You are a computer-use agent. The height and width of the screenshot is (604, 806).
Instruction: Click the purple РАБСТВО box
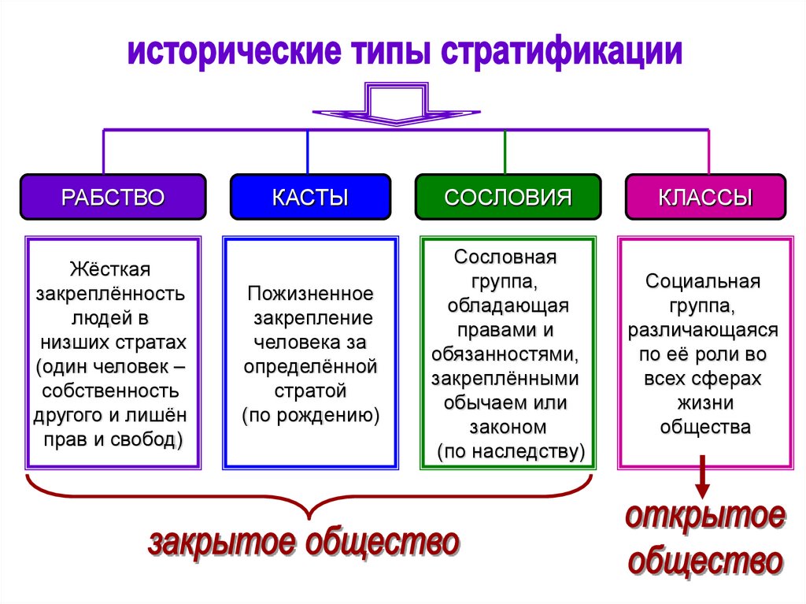point(113,197)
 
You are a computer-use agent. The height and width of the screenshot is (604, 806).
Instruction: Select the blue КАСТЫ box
point(310,197)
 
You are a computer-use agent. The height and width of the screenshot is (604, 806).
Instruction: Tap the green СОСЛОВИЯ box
point(508,197)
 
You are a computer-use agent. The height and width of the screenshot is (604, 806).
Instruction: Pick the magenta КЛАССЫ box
point(704,197)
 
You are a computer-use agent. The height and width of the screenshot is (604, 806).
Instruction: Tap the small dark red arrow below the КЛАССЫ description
point(703,477)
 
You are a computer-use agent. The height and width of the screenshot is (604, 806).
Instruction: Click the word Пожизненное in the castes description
point(310,294)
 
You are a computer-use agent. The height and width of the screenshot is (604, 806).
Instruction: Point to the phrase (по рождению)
point(310,415)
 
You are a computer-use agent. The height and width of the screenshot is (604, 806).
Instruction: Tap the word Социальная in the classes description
point(703,281)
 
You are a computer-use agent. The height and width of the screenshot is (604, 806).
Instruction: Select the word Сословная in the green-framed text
point(505,257)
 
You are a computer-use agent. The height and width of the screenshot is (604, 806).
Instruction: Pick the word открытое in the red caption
point(705,518)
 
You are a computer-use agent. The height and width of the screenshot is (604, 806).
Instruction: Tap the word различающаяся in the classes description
point(703,330)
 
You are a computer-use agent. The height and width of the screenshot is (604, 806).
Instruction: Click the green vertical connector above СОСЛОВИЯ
point(505,152)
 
